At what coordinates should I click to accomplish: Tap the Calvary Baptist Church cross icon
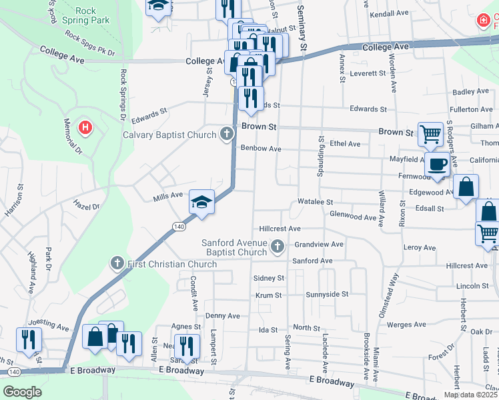coord(227,135)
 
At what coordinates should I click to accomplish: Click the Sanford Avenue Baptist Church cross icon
coord(278,248)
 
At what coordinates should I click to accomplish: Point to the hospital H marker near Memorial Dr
coord(85,127)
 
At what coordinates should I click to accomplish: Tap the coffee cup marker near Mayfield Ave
coord(438,164)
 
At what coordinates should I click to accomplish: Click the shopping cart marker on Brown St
coord(430,133)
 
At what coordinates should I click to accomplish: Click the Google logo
coord(22,392)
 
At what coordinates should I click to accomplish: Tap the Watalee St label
coord(315,201)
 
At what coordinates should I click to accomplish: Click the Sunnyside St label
coord(327,294)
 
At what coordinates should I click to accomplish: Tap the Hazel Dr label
coord(87,207)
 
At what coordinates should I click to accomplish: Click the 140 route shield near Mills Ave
coord(178,227)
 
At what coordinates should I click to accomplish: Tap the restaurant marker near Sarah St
coord(186,345)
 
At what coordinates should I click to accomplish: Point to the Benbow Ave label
coord(261,149)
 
